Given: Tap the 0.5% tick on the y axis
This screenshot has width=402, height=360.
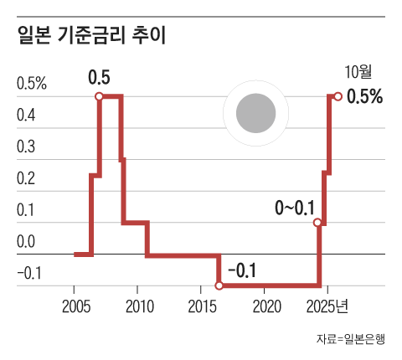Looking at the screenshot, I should point(31,84).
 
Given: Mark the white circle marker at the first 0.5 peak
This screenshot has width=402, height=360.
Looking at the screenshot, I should point(100,96).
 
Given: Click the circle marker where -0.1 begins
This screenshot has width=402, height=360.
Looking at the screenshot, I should point(219,285).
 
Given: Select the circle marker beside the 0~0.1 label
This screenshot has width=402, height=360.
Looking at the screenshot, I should point(317,223).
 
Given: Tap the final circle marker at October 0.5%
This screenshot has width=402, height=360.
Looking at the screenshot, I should point(338,96).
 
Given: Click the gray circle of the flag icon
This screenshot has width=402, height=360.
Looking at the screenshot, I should point(255,113).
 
